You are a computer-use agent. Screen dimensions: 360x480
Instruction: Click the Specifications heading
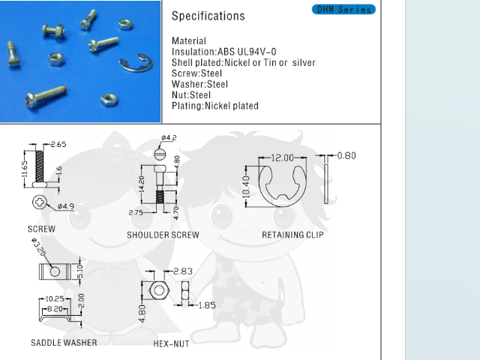208,16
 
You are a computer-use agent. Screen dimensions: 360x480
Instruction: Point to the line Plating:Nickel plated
215,106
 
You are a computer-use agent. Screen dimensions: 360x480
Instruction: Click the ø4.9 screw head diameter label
65,205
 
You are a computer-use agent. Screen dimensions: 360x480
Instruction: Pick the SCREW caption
41,229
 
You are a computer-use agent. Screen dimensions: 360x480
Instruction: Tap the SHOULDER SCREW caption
163,235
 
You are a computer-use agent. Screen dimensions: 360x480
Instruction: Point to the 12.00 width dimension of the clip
282,158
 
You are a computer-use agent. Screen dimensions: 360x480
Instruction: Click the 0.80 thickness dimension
346,156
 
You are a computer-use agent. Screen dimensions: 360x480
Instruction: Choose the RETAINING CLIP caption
292,235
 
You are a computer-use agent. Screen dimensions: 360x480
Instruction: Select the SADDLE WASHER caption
64,343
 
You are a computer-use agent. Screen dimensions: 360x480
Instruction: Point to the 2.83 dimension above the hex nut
183,271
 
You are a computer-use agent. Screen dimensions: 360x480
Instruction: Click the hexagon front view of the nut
158,290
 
